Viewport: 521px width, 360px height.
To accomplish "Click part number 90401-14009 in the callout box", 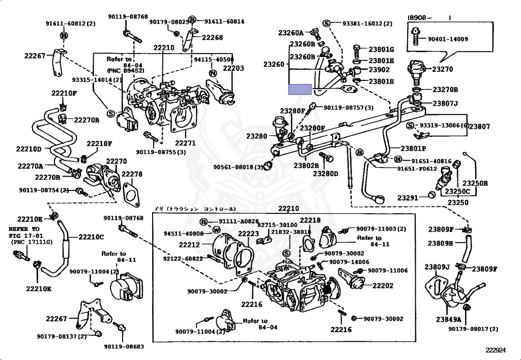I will point(448,39).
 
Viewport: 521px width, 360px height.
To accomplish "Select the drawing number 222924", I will point(496,350).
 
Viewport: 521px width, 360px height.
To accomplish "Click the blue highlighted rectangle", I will point(300,90).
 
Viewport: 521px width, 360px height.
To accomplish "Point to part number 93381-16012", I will point(363,23).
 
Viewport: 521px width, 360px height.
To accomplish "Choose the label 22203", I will point(234,68).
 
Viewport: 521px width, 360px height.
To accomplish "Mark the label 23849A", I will point(448,319).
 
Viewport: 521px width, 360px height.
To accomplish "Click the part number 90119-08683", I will point(124,347).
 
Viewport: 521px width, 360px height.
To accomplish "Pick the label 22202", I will point(383,286).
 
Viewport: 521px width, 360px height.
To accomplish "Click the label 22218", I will point(310,220).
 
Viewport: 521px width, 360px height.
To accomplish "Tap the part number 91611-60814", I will point(224,22).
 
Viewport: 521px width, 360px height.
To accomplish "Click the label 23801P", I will point(413,149).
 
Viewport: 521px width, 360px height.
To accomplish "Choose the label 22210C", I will point(91,237).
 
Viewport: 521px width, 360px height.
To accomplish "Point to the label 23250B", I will point(478,183).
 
